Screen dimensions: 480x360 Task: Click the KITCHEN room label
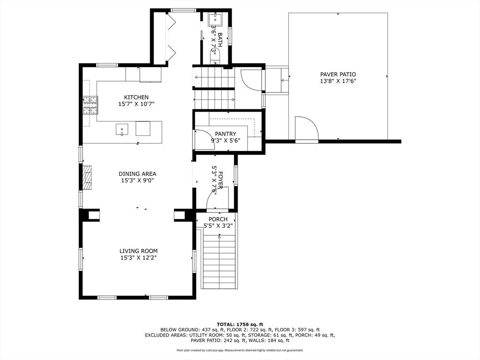coord(136,97)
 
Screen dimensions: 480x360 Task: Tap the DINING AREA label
coord(137,174)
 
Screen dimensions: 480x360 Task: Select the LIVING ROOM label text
coord(138,251)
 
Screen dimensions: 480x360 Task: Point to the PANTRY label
coord(225,134)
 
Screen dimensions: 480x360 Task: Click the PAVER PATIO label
coord(338,75)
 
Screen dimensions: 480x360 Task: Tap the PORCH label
coord(218,219)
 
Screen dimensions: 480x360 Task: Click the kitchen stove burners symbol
coord(90,105)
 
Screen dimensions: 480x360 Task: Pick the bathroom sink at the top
coord(215,19)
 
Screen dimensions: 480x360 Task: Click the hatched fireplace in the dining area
coord(87,178)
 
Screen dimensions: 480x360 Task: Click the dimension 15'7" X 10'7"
coord(136,104)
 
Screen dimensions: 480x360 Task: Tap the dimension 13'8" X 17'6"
coord(338,81)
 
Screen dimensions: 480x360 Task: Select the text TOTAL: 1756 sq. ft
coord(240,324)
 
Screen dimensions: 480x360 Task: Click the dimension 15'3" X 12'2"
coord(138,258)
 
